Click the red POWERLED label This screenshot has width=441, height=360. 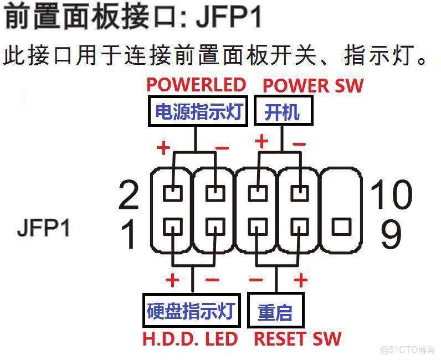point(196,85)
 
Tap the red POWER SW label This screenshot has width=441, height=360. point(313,85)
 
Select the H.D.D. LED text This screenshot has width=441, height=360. point(191,338)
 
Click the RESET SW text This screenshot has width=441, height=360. point(298,338)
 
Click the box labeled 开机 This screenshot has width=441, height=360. point(283,112)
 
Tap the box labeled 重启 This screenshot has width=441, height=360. point(275,312)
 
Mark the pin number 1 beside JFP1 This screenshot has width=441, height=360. point(129,234)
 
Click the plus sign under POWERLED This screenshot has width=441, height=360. point(163,148)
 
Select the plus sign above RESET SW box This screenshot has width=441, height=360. point(301,280)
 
